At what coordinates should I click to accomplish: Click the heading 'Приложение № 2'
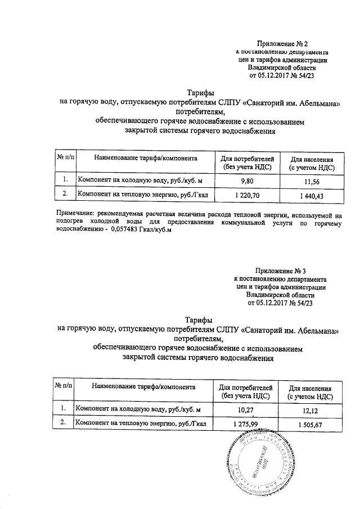point(283,43)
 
